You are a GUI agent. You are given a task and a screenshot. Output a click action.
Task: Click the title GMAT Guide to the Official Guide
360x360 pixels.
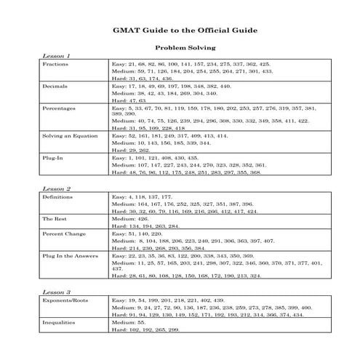click(180, 31)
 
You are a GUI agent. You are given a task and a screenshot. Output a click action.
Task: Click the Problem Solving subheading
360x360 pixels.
click(180, 48)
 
